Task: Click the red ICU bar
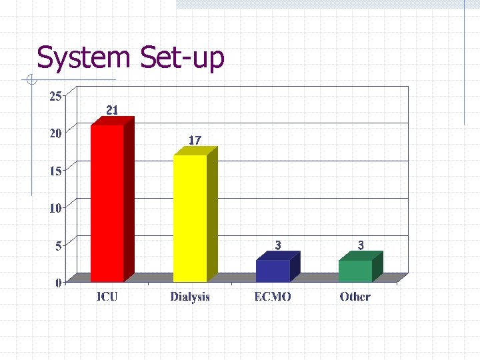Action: [x=107, y=203]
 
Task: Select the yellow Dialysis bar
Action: [x=190, y=218]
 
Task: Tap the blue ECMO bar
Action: [x=273, y=270]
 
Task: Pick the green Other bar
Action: [x=355, y=271]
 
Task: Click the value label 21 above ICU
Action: [x=112, y=110]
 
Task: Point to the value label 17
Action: [x=195, y=140]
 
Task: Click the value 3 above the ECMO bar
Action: [x=278, y=245]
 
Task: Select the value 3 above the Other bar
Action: [x=361, y=245]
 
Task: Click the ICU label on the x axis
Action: [x=107, y=297]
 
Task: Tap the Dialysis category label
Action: [x=190, y=297]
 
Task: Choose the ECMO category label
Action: [x=273, y=297]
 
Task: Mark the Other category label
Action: [x=355, y=297]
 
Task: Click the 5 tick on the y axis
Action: [x=58, y=245]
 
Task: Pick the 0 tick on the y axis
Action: [x=58, y=283]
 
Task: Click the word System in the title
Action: [x=83, y=58]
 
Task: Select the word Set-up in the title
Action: [x=182, y=58]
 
